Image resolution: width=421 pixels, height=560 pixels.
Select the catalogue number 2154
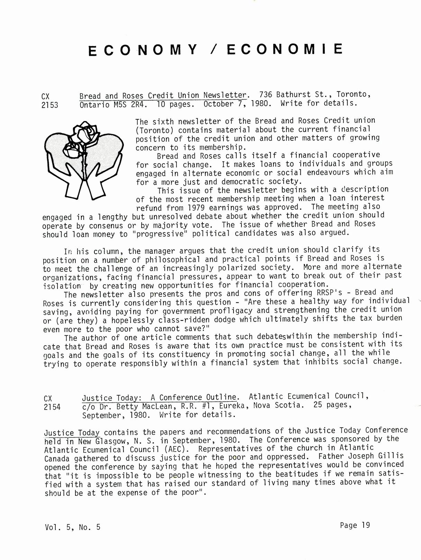coord(52,407)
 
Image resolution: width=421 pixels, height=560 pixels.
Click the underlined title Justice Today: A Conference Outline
coord(159,398)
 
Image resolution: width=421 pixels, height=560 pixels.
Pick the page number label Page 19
coord(355,525)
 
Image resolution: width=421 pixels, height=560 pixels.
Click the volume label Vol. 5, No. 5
coord(72,527)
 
